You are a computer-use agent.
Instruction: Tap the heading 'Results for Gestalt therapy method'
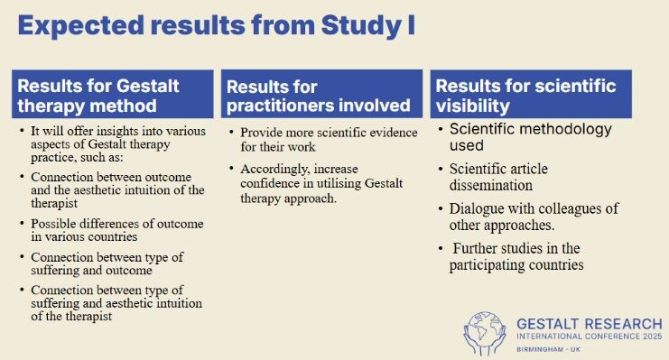(x=98, y=96)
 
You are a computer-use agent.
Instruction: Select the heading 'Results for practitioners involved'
(x=319, y=96)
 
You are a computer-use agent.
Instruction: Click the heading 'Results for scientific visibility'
(x=525, y=96)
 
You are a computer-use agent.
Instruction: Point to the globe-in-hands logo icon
(x=485, y=333)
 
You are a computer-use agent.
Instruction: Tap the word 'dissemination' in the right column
(x=490, y=186)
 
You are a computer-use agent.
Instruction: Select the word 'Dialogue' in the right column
(x=475, y=209)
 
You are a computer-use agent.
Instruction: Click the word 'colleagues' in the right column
(x=571, y=209)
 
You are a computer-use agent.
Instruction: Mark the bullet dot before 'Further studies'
(x=441, y=248)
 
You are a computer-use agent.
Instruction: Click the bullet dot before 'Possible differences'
(x=22, y=224)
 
